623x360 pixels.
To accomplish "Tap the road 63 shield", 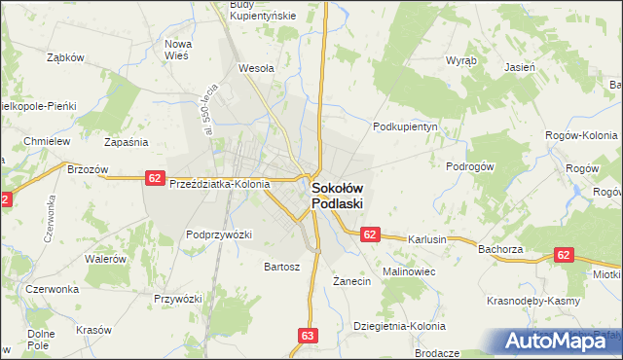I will click(x=308, y=336).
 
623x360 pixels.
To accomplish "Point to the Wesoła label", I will click(x=256, y=69).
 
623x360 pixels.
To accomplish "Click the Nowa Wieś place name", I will click(x=177, y=50).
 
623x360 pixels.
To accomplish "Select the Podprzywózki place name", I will click(x=219, y=234).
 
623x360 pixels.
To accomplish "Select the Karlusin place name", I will click(x=427, y=238).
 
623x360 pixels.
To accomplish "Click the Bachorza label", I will click(x=501, y=249).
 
